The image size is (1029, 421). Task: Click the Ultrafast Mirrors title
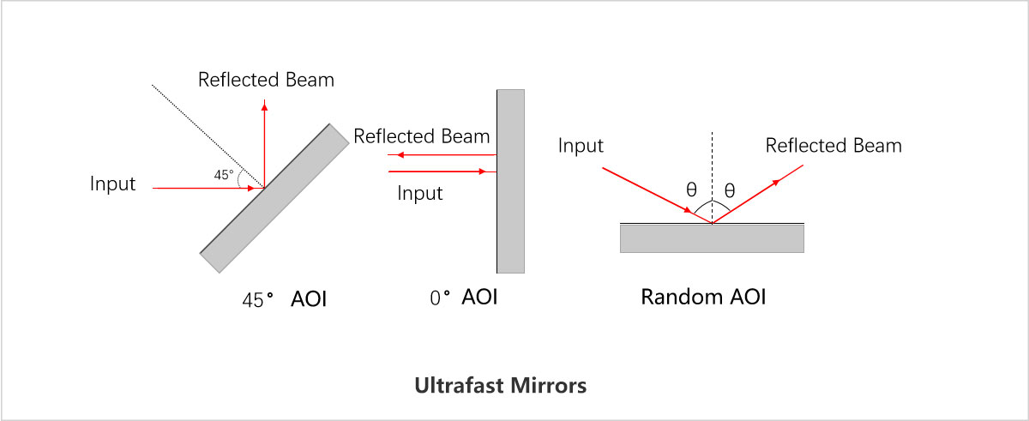point(500,385)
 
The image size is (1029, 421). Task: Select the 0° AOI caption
point(463,298)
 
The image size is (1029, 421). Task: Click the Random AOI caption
point(703,298)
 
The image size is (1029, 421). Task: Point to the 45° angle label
point(223,175)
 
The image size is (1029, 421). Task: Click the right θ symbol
point(730,190)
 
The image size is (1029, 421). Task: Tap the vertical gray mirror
point(510,180)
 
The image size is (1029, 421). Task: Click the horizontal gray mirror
point(712,238)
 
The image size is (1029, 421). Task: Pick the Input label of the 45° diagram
point(113,183)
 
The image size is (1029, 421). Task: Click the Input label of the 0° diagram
point(420,193)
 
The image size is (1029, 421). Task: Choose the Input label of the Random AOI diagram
point(581,146)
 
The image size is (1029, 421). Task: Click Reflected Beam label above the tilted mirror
point(266,81)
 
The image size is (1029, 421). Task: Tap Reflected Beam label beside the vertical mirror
point(422,136)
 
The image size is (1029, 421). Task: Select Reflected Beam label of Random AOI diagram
point(833,146)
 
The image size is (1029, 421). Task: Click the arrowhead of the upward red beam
point(264,105)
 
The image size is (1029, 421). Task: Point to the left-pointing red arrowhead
point(392,155)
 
